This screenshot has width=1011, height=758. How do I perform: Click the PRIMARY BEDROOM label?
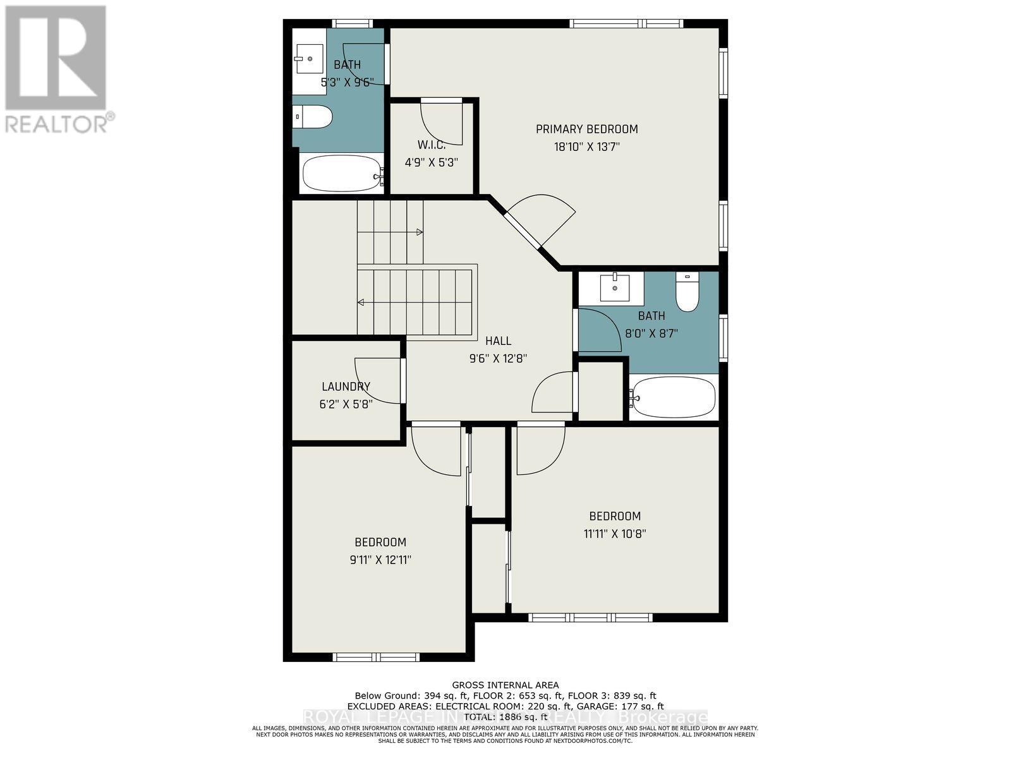[586, 129]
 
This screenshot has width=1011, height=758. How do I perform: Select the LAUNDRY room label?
[346, 387]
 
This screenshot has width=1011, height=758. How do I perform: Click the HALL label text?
[498, 341]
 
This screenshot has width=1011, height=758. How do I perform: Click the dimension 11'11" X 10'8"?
[614, 534]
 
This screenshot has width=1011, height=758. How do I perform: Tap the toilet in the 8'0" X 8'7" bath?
[686, 294]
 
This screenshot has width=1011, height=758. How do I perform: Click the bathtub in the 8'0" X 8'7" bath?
[674, 397]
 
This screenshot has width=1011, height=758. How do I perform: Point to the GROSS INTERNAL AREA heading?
[505, 685]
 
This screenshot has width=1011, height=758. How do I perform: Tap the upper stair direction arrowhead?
[420, 232]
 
